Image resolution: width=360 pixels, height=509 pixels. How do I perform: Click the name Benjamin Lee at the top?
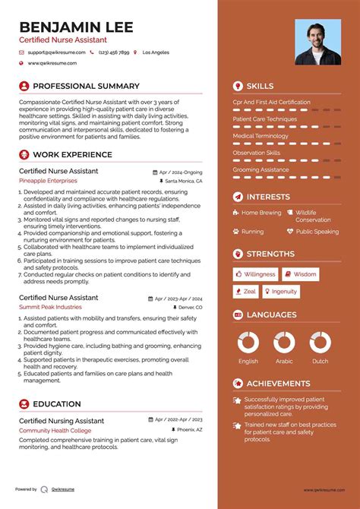pyautogui.click(x=76, y=27)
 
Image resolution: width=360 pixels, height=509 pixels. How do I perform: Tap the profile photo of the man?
pyautogui.click(x=317, y=43)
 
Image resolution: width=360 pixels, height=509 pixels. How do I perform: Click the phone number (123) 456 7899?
pyautogui.click(x=113, y=52)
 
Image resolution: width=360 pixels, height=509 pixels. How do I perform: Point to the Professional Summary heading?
pyautogui.click(x=86, y=86)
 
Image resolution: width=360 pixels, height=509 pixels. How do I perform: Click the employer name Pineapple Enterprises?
pyautogui.click(x=48, y=181)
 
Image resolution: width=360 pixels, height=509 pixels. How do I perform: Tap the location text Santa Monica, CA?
pyautogui.click(x=184, y=182)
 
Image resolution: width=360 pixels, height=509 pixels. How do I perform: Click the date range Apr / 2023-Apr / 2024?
pyautogui.click(x=180, y=298)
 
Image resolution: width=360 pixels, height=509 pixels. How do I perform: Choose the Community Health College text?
pyautogui.click(x=55, y=431)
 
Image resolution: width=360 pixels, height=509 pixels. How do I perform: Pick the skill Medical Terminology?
pyautogui.click(x=261, y=136)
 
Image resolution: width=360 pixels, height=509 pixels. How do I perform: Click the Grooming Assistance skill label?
pyautogui.click(x=261, y=169)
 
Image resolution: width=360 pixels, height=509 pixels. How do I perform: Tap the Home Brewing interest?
pyautogui.click(x=261, y=213)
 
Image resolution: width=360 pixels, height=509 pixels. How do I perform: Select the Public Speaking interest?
pyautogui.click(x=317, y=232)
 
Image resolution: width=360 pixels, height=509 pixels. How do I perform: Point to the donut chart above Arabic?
pyautogui.click(x=283, y=342)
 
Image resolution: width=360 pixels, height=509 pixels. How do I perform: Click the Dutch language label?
pyautogui.click(x=321, y=362)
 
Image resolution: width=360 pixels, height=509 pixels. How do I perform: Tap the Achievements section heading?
pyautogui.click(x=278, y=384)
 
